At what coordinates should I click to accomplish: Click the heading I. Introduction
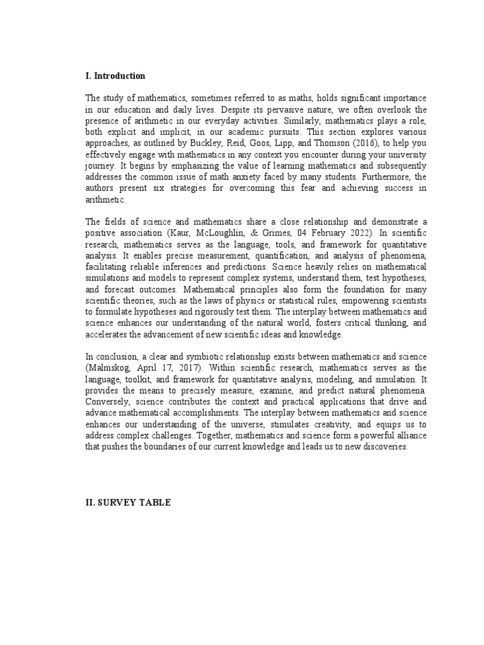(115, 76)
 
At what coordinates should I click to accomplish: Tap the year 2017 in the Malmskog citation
(181, 367)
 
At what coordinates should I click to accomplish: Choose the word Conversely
(107, 401)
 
